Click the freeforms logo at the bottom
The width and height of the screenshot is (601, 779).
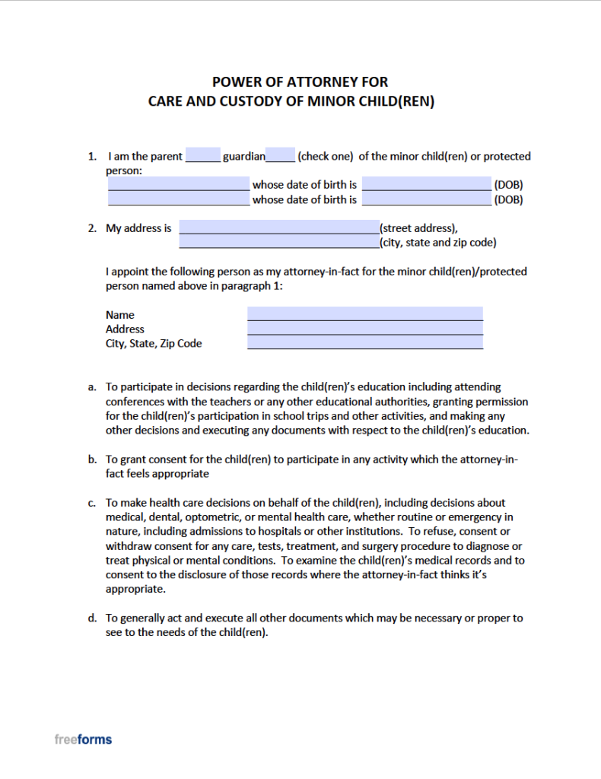tap(83, 739)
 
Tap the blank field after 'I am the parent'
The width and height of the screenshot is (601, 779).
tap(202, 156)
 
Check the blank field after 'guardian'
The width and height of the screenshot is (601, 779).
tap(281, 156)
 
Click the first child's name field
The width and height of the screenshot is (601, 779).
tap(178, 184)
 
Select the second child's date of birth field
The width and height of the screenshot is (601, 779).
tap(426, 199)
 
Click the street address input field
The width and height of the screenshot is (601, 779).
tap(278, 227)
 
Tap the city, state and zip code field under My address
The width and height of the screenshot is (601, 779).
tap(278, 242)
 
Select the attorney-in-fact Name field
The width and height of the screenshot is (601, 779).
tap(364, 313)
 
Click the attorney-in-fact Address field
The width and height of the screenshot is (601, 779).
tap(364, 329)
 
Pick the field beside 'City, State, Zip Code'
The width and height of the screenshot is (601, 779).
tap(364, 343)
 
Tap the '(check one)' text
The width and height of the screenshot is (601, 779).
tap(326, 157)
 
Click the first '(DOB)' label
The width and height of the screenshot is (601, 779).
tap(508, 185)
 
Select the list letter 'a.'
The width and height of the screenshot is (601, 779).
tap(92, 387)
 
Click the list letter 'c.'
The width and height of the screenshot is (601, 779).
tap(92, 503)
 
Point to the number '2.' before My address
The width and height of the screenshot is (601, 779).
tap(92, 228)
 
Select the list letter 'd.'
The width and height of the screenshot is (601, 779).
tap(92, 618)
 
